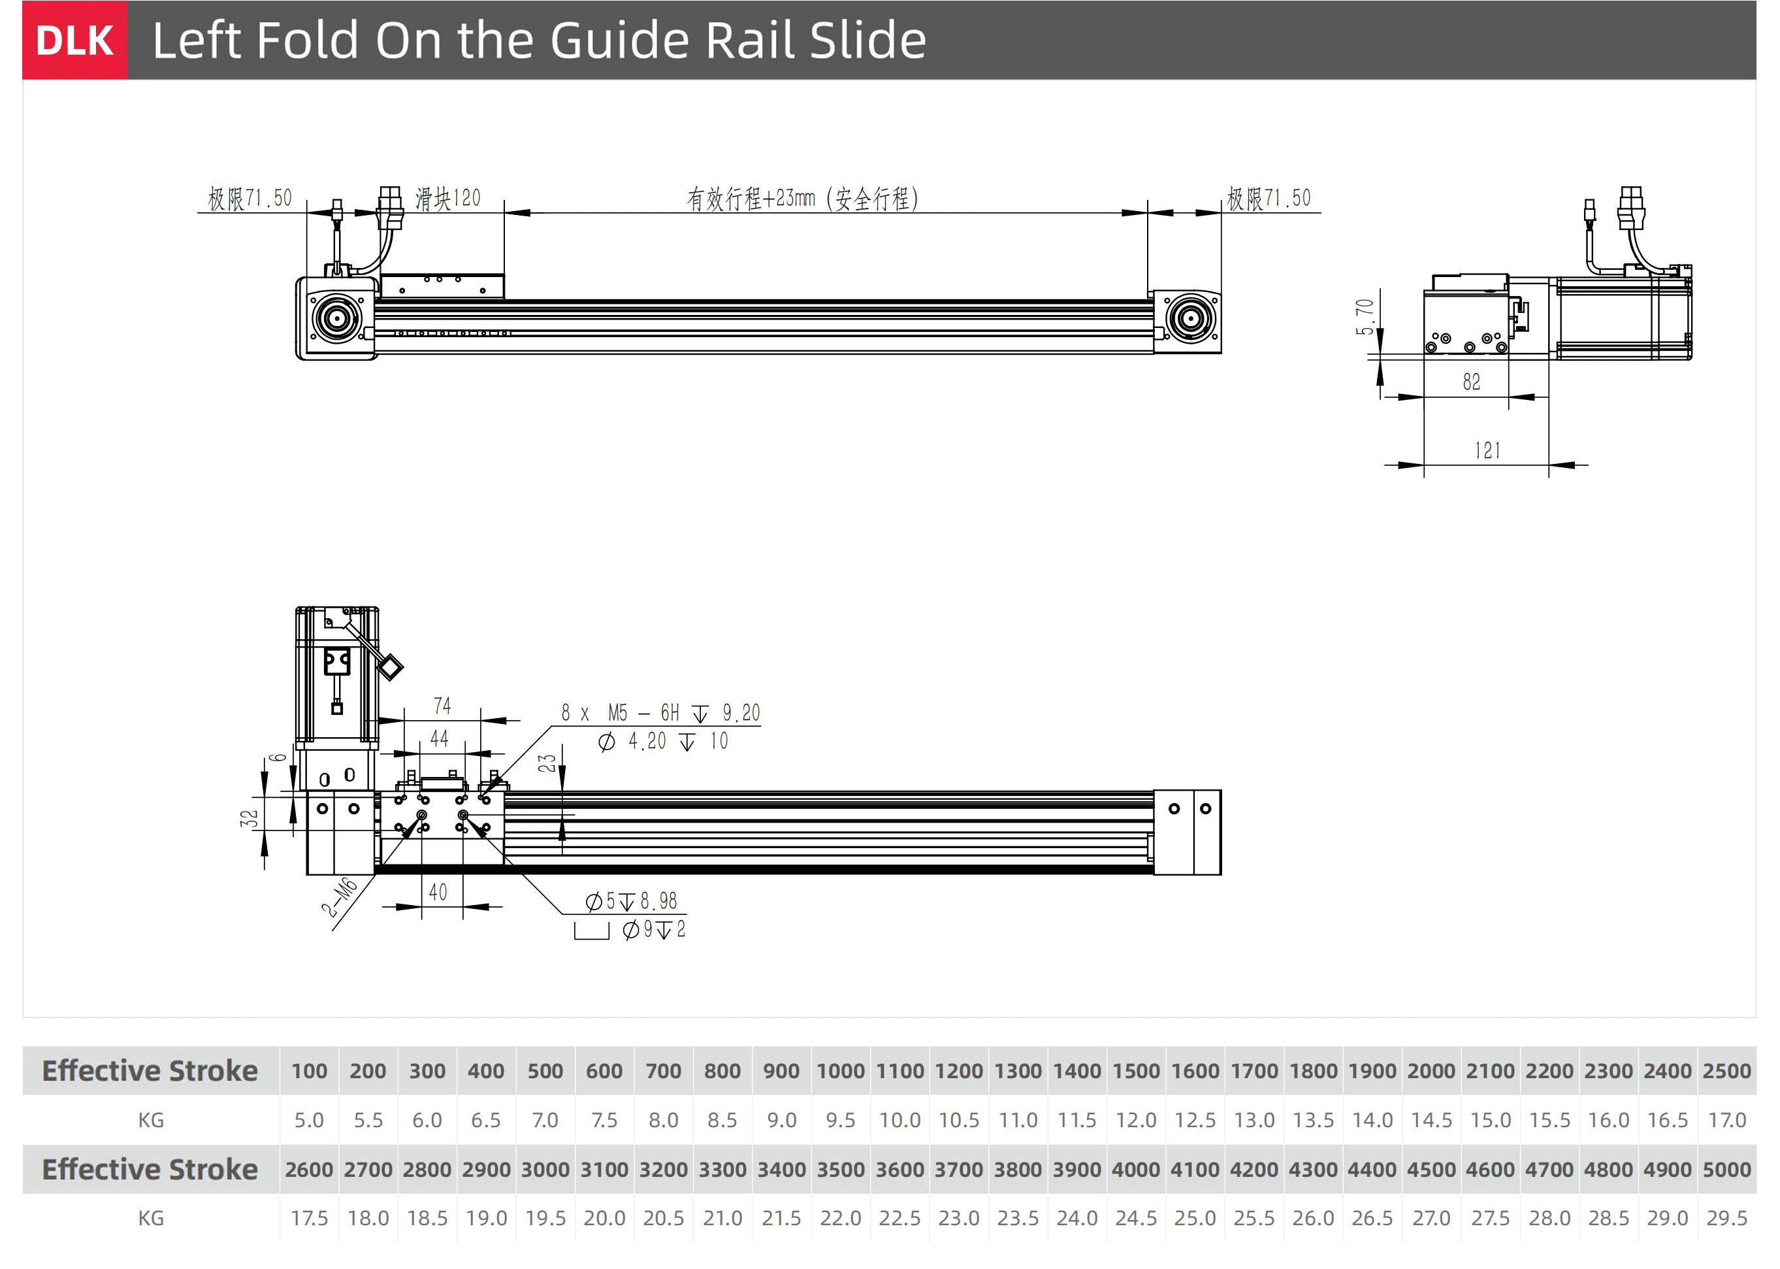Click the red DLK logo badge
[74, 41]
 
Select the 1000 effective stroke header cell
[841, 1070]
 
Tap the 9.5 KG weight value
[841, 1120]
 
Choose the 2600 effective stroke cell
[308, 1169]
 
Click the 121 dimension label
[1487, 451]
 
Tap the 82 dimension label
[1472, 382]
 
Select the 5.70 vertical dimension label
[1365, 316]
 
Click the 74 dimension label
[442, 706]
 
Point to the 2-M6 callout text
[339, 898]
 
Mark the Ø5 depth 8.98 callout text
[632, 902]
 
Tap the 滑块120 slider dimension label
[447, 199]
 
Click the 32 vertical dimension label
[248, 818]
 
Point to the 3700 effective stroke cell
[958, 1169]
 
